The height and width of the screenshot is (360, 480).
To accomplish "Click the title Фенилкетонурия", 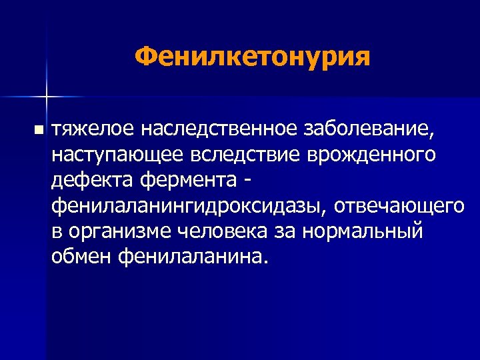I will coord(251,56).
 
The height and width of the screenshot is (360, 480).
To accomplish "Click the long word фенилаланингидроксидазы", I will coord(189,206).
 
